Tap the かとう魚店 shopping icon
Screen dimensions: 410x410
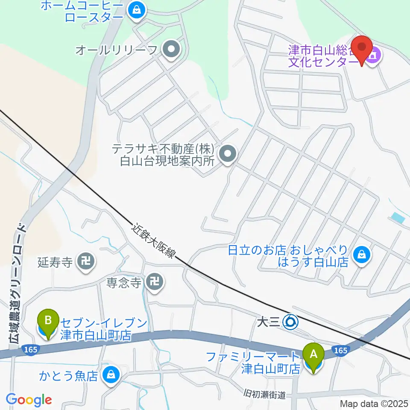(111, 375)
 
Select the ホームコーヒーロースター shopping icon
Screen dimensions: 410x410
(137, 12)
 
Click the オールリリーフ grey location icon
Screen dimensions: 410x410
(171, 50)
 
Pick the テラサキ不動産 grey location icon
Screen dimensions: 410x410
(228, 155)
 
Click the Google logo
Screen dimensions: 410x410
(29, 400)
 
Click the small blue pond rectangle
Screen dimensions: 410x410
(398, 217)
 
